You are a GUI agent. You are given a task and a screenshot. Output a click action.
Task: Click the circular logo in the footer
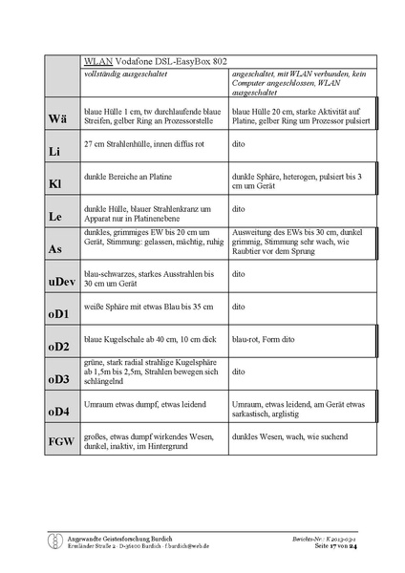point(55,541)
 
